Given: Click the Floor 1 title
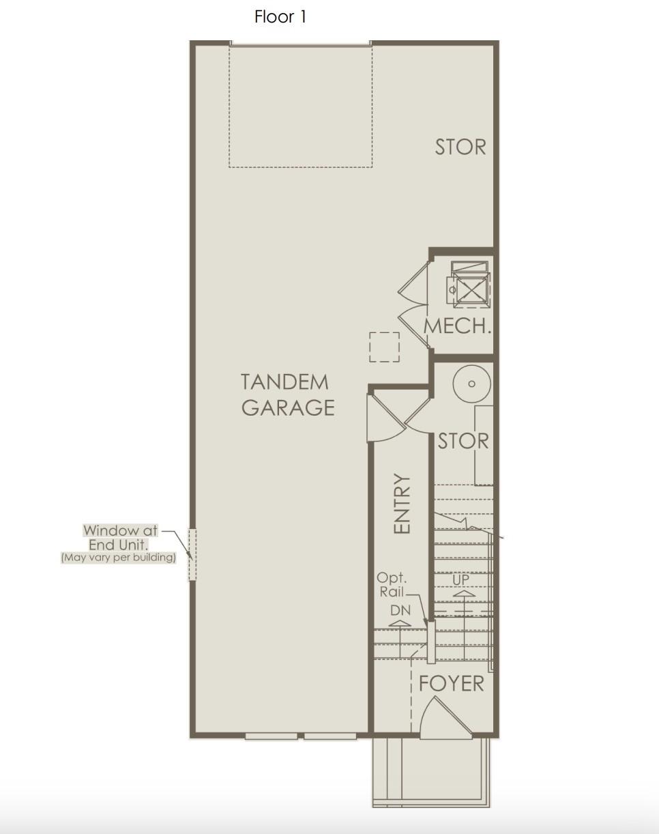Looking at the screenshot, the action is coord(280,17).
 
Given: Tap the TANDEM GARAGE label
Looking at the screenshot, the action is coord(287,395).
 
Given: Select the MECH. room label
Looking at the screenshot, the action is coord(458,326).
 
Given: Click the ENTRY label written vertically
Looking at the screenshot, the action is coord(401,504).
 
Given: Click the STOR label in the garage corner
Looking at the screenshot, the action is coord(460,147).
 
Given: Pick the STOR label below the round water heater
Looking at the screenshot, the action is coord(463,442).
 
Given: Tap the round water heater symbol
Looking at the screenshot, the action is coord(471,384).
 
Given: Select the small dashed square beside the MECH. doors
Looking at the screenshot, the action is coord(384,347).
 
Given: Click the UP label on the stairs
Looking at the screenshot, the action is coord(460,579).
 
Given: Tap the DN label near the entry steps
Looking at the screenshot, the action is coord(400,610).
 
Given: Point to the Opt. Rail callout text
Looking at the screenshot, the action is coord(392,585).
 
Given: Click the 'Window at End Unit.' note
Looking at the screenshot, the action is coord(120,538).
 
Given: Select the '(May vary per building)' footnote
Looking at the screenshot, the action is coord(119,558).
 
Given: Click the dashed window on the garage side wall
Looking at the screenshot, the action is coord(192,554).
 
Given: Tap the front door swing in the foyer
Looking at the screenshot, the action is coord(446,717).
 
